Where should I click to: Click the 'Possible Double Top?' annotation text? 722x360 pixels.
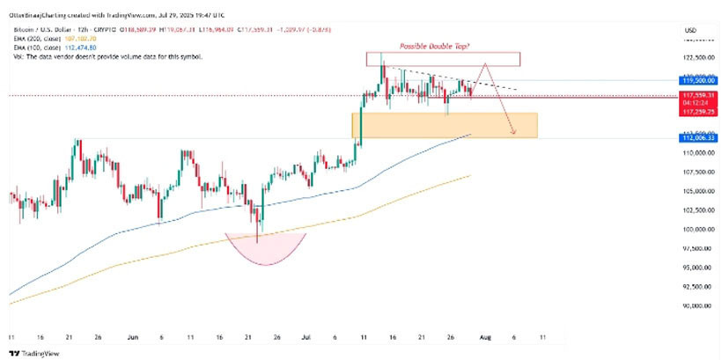click(x=432, y=45)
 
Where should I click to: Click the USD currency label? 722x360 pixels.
click(x=690, y=31)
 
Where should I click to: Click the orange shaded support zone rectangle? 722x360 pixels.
click(x=444, y=124)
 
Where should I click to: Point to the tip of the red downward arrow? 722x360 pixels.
click(x=514, y=134)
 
